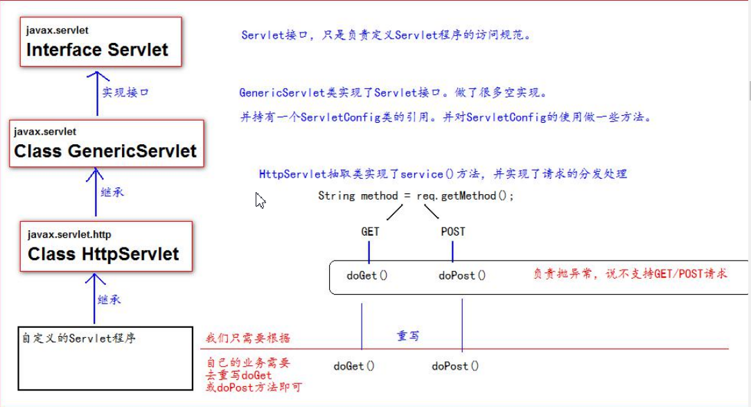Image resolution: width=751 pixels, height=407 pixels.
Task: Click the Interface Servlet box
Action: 100,42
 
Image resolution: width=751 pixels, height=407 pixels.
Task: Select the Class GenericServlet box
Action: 106,144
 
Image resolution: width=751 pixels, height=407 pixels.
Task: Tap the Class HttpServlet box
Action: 103,246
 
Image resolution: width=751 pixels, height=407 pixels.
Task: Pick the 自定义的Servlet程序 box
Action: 105,358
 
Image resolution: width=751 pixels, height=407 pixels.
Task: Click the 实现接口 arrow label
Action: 125,92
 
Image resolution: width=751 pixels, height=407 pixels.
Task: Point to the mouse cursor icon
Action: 260,200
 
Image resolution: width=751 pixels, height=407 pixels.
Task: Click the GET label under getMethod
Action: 370,232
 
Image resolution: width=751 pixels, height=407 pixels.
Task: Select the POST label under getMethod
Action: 452,232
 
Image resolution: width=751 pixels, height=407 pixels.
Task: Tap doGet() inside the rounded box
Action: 366,275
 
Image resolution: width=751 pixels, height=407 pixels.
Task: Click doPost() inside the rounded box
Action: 462,275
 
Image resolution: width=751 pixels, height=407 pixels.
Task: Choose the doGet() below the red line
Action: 353,365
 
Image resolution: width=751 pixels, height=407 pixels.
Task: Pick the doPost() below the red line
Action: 455,365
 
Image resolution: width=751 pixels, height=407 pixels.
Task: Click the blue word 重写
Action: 407,336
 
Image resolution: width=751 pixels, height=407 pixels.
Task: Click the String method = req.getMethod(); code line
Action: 416,196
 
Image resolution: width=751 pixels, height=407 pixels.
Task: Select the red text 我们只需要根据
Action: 248,338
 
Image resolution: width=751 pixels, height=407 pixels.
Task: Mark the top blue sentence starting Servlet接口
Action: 387,35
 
